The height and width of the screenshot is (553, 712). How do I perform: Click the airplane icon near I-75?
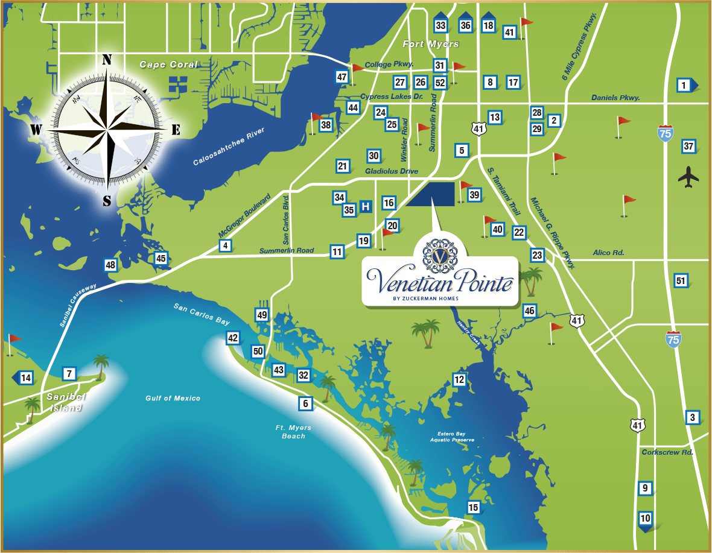coord(688,177)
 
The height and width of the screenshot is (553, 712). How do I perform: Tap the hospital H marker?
coord(365,206)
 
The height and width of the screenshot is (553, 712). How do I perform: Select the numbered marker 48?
coord(110,265)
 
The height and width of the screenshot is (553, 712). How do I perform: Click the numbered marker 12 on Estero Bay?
coord(460,379)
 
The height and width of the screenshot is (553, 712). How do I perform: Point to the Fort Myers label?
coord(431,44)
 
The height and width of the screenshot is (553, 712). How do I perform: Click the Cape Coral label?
coord(168,65)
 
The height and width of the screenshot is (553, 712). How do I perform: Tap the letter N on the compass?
coord(107,59)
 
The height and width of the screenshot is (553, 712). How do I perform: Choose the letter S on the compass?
coord(107,201)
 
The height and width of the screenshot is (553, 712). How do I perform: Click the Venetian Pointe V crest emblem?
coord(439,256)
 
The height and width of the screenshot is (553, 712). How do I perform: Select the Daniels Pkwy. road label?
coord(615,98)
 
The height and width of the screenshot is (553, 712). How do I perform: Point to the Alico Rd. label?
coord(608,253)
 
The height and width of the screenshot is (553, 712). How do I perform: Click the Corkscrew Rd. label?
coord(667,452)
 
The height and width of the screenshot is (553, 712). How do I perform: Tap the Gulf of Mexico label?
coord(173,398)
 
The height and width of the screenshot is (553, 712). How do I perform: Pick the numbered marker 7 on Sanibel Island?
coord(69,374)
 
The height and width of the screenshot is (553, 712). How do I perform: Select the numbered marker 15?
coord(474,508)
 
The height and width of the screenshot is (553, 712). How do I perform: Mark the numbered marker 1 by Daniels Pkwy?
coord(684,86)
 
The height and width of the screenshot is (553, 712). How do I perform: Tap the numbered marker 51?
coord(681,280)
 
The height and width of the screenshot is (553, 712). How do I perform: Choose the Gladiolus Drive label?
coord(392,172)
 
